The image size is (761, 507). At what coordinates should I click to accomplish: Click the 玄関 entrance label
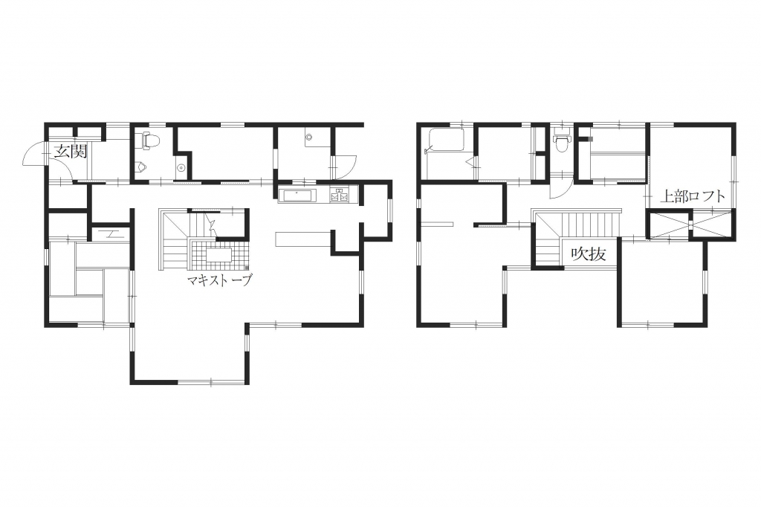click(71, 152)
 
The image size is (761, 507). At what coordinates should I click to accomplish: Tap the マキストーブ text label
click(220, 281)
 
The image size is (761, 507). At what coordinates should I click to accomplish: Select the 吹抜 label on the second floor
click(589, 253)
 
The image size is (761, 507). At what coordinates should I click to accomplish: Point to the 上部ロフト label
click(693, 196)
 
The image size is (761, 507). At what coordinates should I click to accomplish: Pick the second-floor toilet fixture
click(562, 141)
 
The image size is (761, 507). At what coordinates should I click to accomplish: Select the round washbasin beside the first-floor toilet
click(181, 167)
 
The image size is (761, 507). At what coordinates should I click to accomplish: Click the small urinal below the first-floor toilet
click(140, 167)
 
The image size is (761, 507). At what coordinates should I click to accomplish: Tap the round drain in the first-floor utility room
click(309, 137)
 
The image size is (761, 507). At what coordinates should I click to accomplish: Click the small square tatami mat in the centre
click(90, 282)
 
